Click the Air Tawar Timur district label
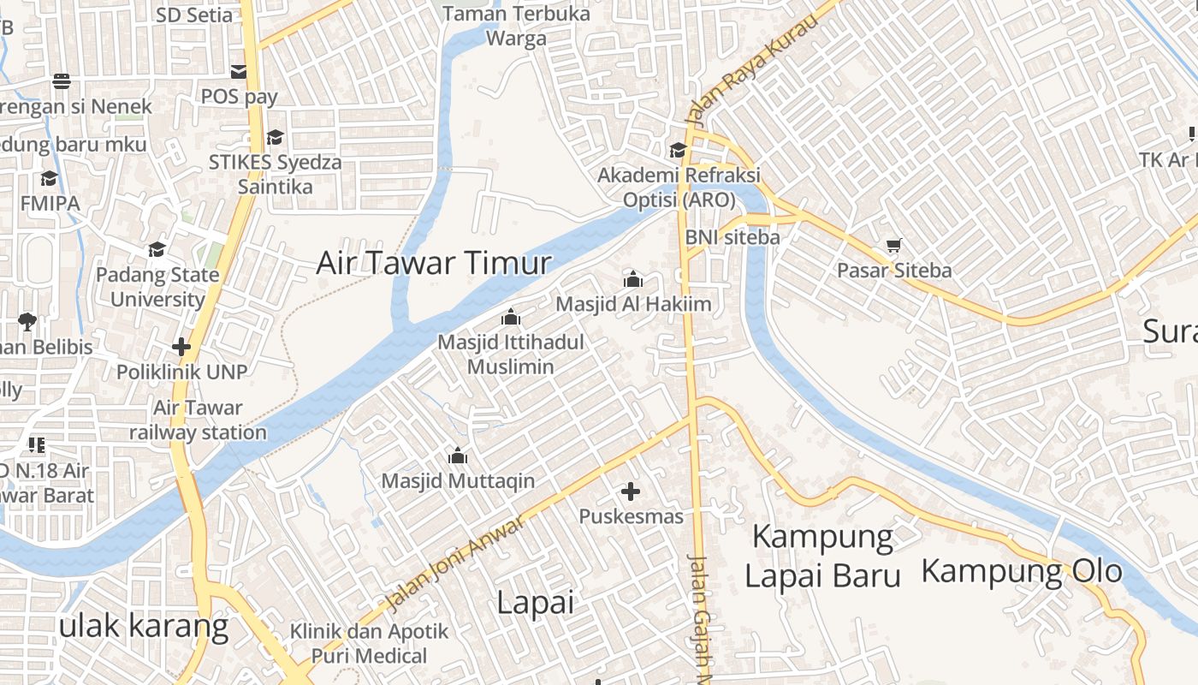(434, 263)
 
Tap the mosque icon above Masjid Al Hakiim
(633, 279)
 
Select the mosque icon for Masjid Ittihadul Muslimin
(511, 317)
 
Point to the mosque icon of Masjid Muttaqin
(458, 456)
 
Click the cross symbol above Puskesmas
(631, 491)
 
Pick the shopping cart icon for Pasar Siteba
(894, 246)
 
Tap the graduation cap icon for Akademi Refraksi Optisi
(678, 150)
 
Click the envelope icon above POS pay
(239, 71)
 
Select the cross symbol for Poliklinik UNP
(181, 347)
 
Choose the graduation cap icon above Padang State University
(157, 249)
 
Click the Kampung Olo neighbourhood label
(1022, 570)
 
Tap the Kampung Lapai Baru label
(822, 557)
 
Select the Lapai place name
(535, 603)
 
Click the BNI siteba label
(732, 237)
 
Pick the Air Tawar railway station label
(198, 420)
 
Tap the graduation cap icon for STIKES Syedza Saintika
(275, 137)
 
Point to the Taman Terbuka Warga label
(517, 26)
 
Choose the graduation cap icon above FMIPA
(49, 178)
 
